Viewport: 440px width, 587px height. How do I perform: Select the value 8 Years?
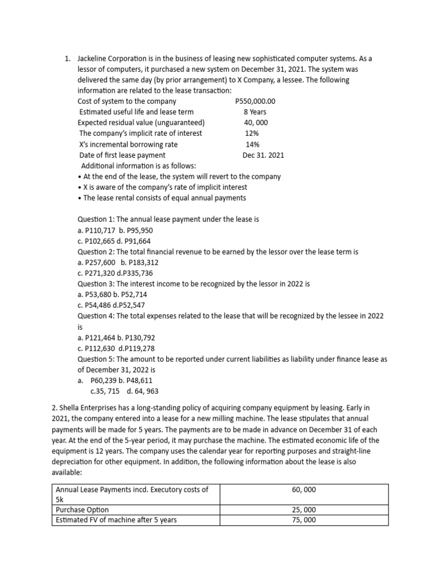coord(255,112)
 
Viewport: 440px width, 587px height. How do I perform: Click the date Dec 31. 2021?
coord(263,155)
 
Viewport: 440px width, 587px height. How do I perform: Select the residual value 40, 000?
coord(256,123)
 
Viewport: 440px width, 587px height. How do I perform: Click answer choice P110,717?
coord(99,230)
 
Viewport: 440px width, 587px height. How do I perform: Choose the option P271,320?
coord(99,273)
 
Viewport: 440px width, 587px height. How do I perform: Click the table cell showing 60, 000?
coord(304,490)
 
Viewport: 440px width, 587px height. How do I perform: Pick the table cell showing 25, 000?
coord(304,510)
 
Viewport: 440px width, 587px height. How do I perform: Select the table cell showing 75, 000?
coord(304,520)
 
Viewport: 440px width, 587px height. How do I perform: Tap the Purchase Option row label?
coord(82,510)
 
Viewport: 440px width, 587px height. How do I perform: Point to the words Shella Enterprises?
coord(88,408)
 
